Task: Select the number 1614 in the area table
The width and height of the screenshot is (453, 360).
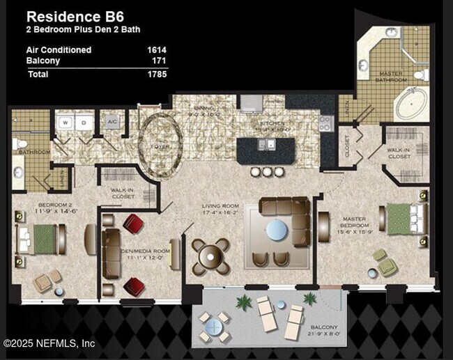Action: tap(156, 50)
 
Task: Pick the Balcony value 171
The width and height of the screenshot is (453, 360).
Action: tap(159, 61)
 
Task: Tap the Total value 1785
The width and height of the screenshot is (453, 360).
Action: tap(156, 74)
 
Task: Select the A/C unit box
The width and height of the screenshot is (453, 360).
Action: tap(112, 123)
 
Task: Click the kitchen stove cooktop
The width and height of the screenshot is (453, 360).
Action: tap(325, 124)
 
